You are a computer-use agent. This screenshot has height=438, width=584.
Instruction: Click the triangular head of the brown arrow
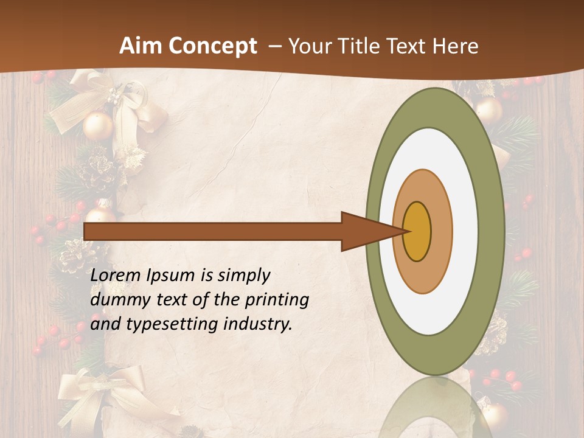tap(365, 232)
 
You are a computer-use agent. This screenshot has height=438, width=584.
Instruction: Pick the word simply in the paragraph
tap(243, 276)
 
